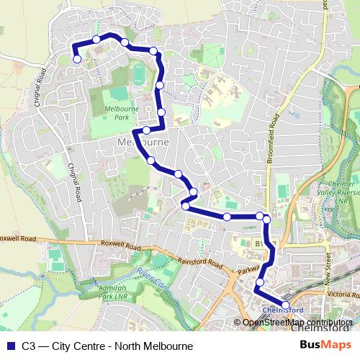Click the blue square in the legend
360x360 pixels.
(9, 346)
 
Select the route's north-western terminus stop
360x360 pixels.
(77, 60)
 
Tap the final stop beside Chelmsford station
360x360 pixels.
(286, 305)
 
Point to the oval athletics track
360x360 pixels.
(139, 73)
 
